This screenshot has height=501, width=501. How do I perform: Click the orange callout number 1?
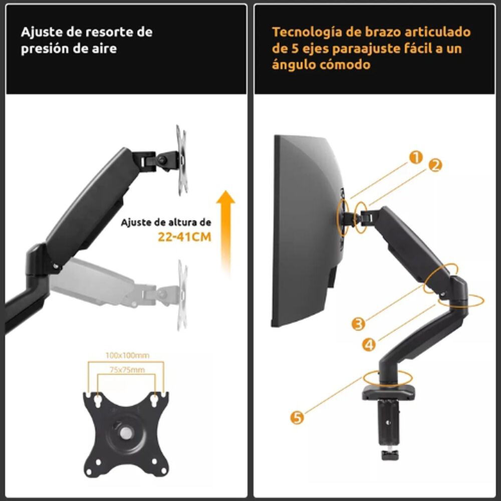coord(416,158)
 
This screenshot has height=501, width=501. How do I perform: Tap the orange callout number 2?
coord(435,165)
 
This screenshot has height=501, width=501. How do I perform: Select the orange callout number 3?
coord(358,324)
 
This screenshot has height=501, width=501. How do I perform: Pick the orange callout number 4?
coord(369,344)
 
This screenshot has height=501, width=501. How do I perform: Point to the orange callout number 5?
coord(298,417)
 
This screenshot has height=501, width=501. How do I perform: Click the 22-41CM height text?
coord(184,237)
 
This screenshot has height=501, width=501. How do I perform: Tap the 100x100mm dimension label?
coord(127,355)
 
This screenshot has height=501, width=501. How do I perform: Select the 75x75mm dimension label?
coord(125,370)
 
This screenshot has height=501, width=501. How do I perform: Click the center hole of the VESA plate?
coord(125,431)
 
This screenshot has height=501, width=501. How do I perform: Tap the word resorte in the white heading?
coord(110,33)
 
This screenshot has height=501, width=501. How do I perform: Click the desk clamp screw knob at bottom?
coord(389,454)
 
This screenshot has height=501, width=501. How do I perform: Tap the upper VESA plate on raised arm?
coord(181,159)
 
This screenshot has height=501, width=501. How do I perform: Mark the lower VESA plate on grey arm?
coord(182,296)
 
